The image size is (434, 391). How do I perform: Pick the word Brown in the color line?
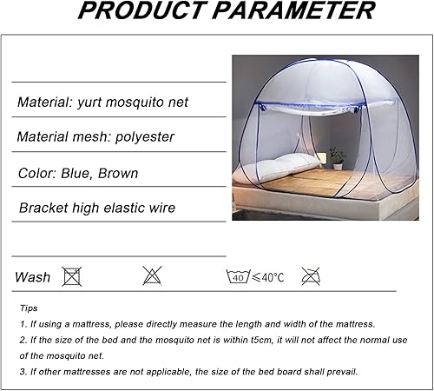pyautogui.click(x=118, y=173)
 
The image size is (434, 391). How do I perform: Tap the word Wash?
pyautogui.click(x=32, y=278)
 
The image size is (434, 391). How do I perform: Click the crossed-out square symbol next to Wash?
pyautogui.click(x=72, y=277)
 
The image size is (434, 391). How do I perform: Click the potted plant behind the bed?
pyautogui.click(x=337, y=156)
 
